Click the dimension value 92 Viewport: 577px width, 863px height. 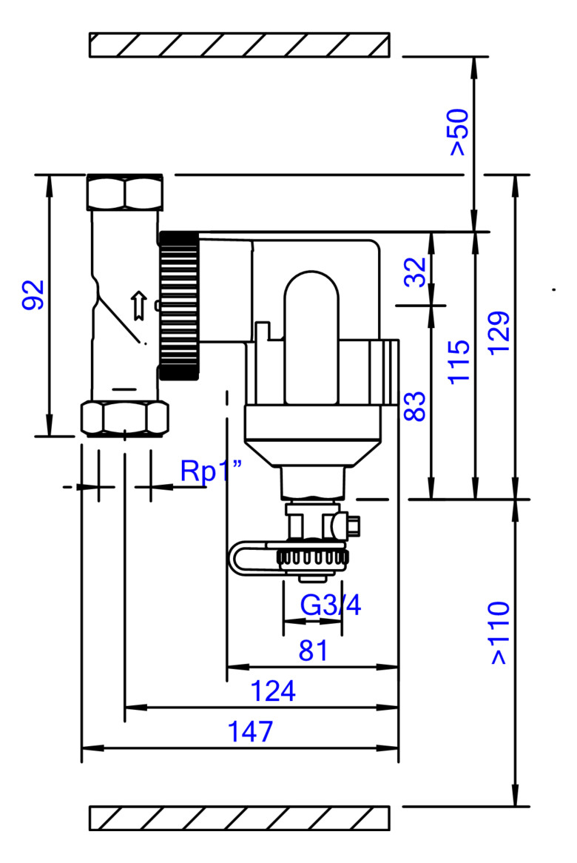(x=33, y=295)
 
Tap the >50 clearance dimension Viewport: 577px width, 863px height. (x=459, y=132)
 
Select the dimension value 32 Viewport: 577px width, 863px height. (x=415, y=272)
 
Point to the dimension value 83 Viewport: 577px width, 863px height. (x=415, y=406)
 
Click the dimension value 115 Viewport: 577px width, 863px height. (x=459, y=362)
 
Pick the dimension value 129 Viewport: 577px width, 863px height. (x=499, y=333)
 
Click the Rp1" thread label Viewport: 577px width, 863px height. (x=212, y=471)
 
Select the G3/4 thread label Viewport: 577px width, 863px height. (x=331, y=605)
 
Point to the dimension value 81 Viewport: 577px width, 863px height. (x=313, y=651)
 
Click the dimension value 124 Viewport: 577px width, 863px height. (x=273, y=691)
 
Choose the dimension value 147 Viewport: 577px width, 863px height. (x=250, y=732)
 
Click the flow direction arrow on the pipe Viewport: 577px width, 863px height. (x=139, y=306)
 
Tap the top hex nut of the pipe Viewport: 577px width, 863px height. (x=125, y=192)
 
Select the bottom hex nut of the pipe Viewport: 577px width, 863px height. (x=124, y=419)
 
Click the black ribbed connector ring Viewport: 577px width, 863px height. (x=179, y=306)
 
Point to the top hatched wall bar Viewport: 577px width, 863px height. (x=240, y=45)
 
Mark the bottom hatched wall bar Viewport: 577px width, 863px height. (x=240, y=818)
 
